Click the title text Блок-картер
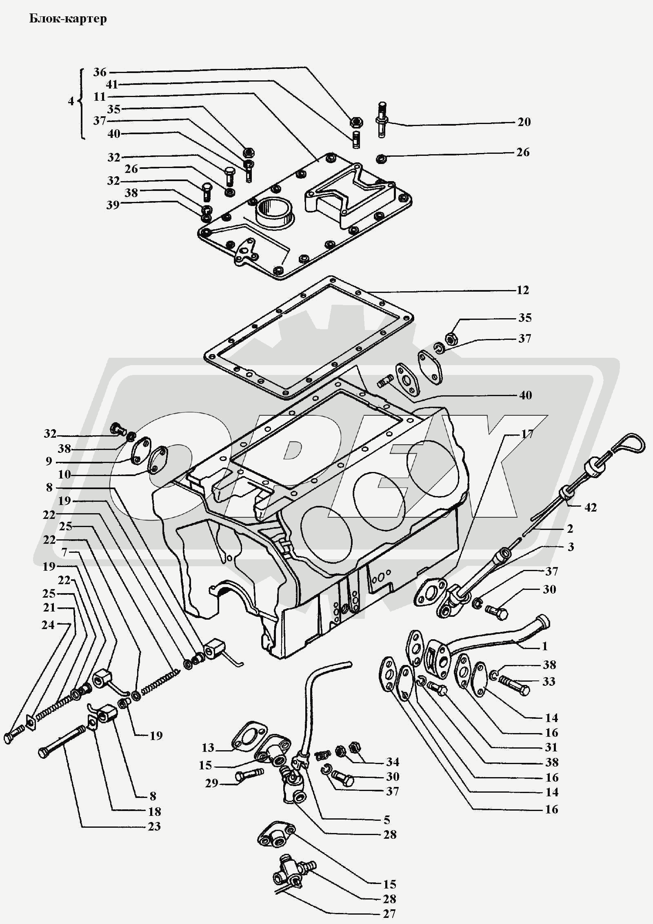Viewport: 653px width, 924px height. pos(68,19)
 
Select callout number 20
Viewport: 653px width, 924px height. pos(524,122)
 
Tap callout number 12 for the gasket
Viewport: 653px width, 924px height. pos(523,290)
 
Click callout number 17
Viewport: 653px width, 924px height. pos(527,434)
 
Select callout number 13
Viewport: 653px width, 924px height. pos(208,747)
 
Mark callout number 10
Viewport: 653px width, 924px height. pos(64,474)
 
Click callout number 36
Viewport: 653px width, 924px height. pos(100,72)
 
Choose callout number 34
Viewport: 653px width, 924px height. pos(393,762)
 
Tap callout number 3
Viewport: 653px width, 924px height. pos(571,547)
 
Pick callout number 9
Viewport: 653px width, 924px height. pos(49,461)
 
